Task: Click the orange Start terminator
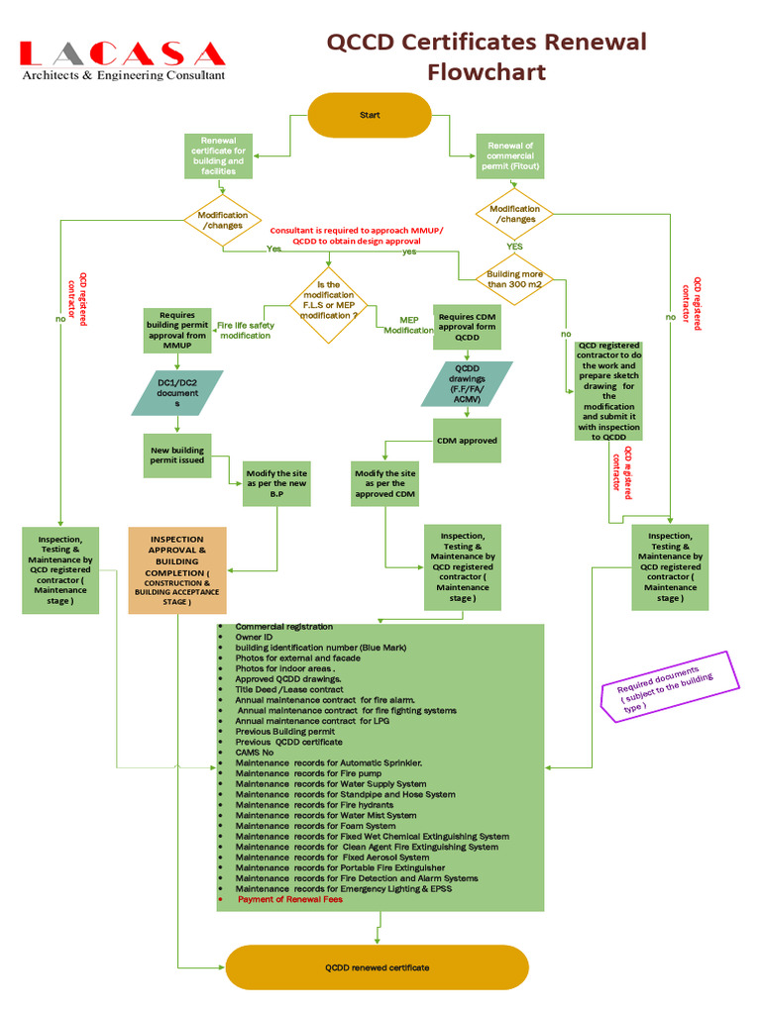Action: [x=370, y=115]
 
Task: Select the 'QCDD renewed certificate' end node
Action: [x=378, y=967]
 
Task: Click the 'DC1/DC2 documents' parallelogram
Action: [x=177, y=393]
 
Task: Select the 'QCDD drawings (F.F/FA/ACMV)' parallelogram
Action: [x=467, y=384]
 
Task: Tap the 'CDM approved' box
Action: [x=467, y=441]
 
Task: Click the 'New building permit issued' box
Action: [x=176, y=456]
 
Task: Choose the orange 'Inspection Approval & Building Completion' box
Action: [x=177, y=570]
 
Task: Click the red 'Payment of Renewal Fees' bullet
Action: [x=290, y=899]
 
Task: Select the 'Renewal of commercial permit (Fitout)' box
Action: [x=509, y=156]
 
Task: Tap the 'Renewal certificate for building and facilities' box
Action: [x=218, y=156]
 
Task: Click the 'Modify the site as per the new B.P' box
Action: [x=277, y=483]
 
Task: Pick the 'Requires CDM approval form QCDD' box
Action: [x=467, y=326]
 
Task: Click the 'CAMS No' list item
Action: [x=254, y=753]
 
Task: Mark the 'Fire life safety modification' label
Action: [x=244, y=330]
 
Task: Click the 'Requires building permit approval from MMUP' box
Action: [x=177, y=331]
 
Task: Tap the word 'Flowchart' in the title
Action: [x=487, y=72]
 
